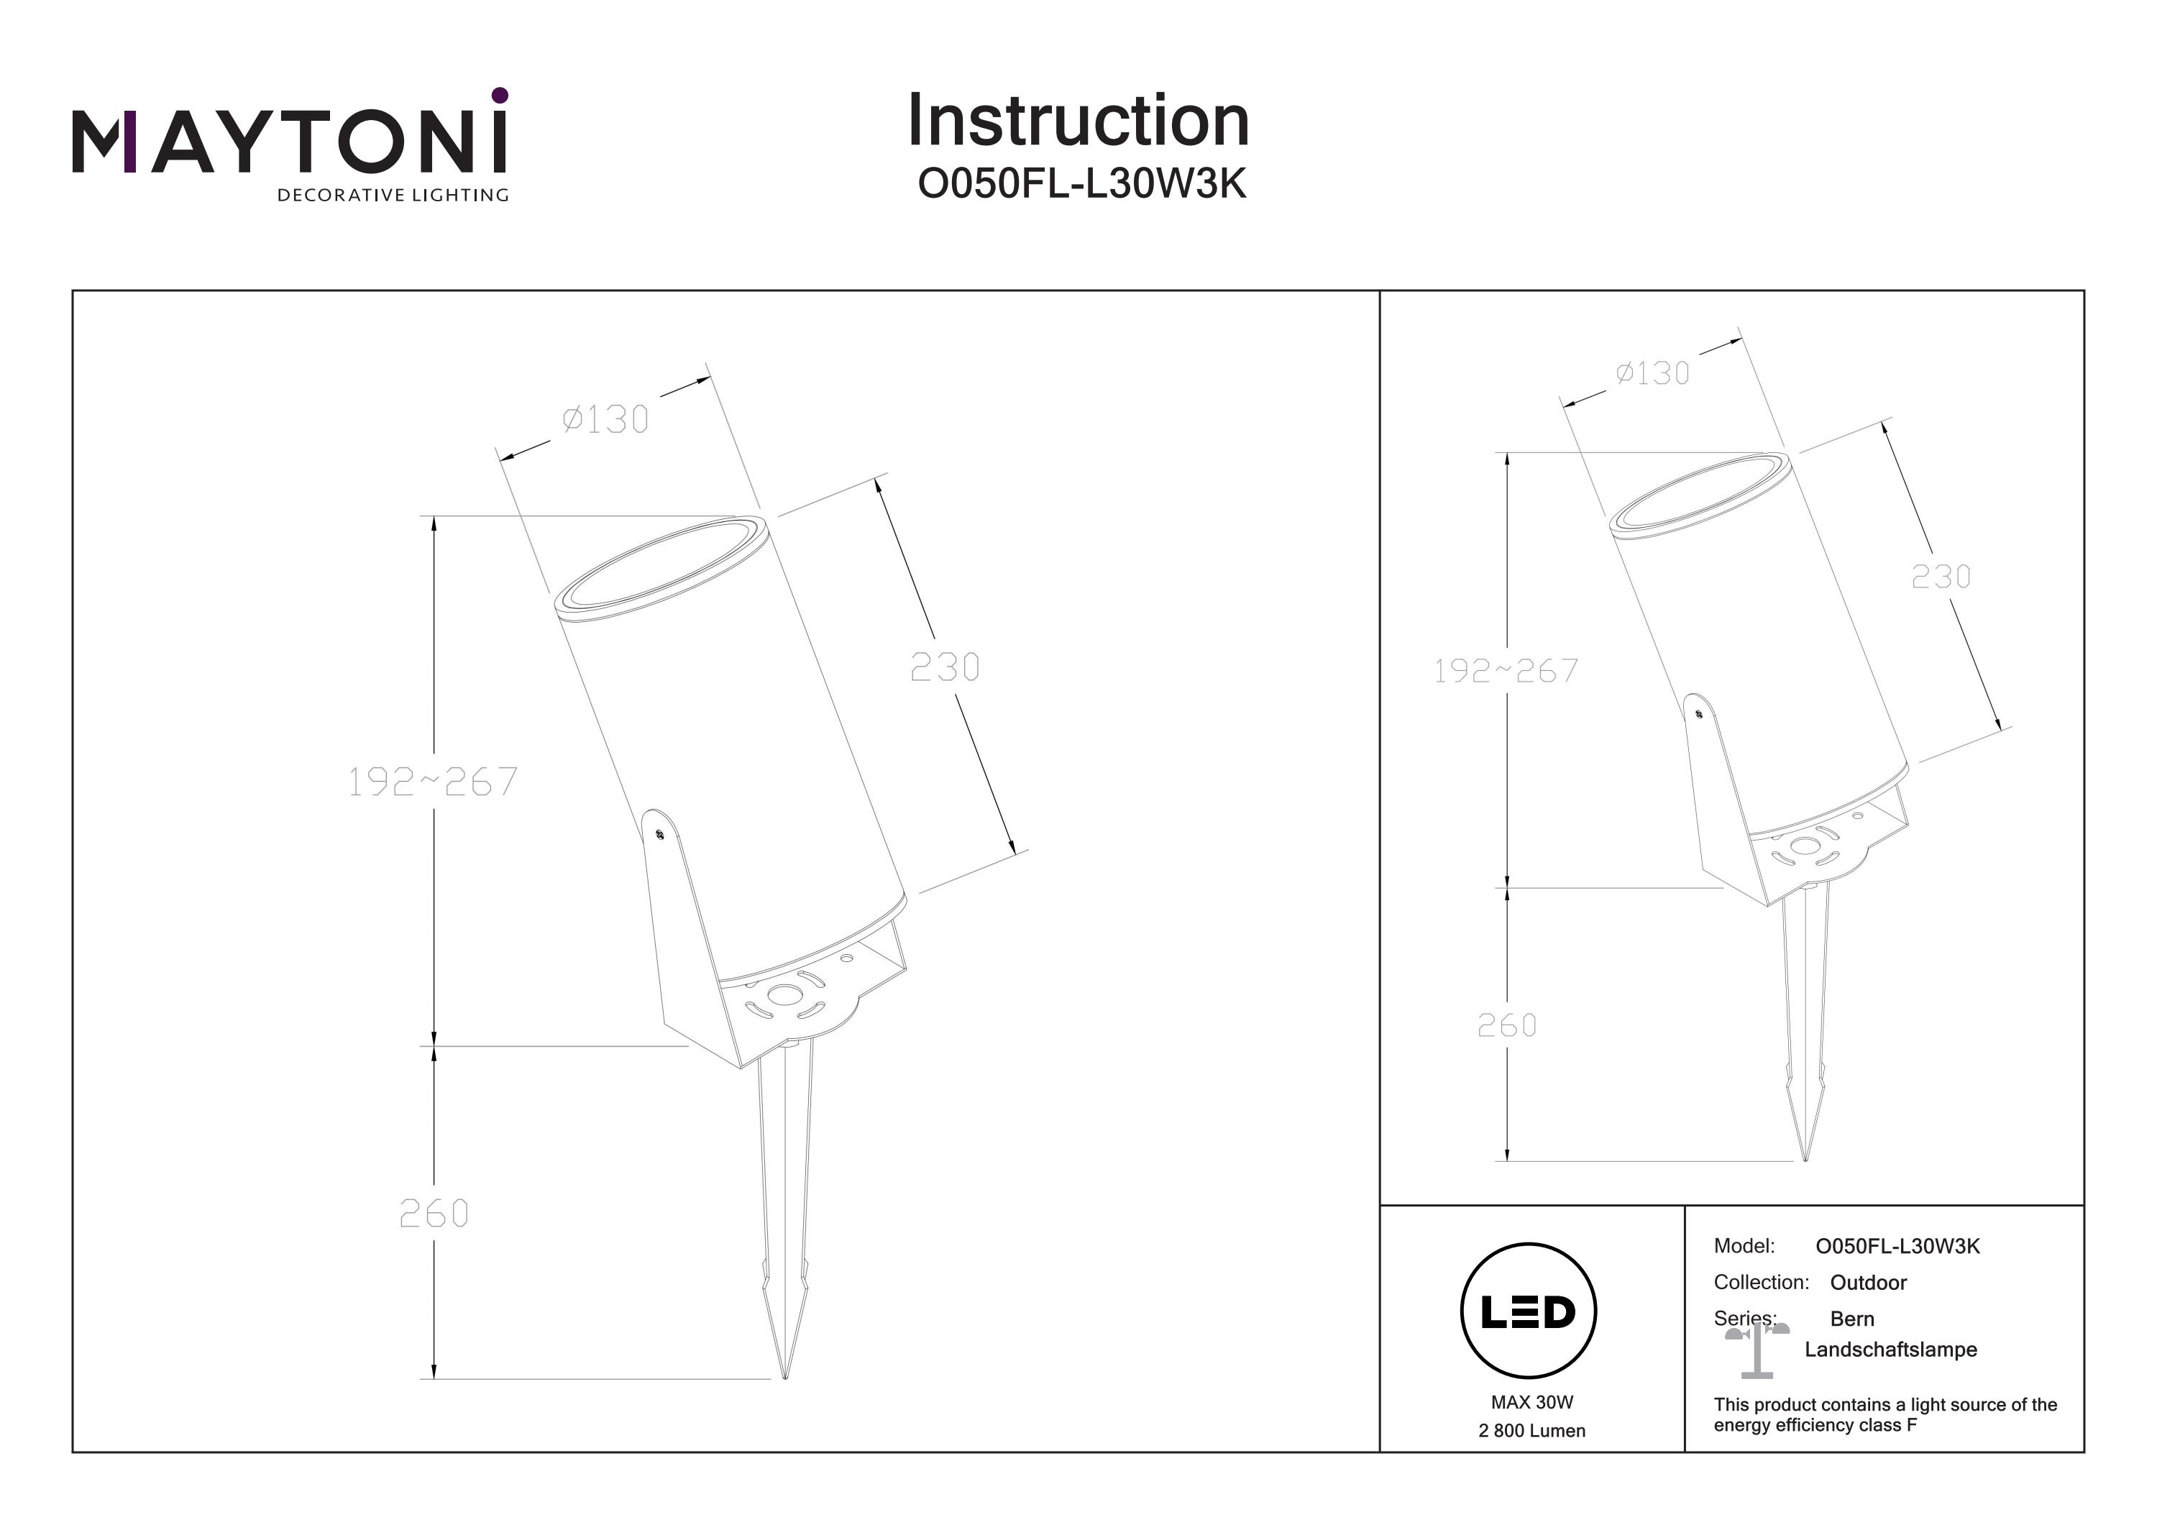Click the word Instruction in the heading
[1078, 122]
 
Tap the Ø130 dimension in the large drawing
[605, 419]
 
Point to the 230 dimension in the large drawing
[944, 667]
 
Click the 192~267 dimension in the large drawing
[432, 781]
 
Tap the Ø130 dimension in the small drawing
[1652, 373]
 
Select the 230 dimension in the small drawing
[1941, 576]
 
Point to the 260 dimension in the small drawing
[1506, 1025]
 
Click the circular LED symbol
[1528, 1311]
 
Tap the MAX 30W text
[1531, 1403]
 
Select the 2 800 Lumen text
[1531, 1431]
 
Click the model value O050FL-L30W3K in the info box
[1897, 1246]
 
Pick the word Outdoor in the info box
[1868, 1283]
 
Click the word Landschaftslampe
[1890, 1350]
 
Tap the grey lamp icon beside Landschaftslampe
[1757, 1350]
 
